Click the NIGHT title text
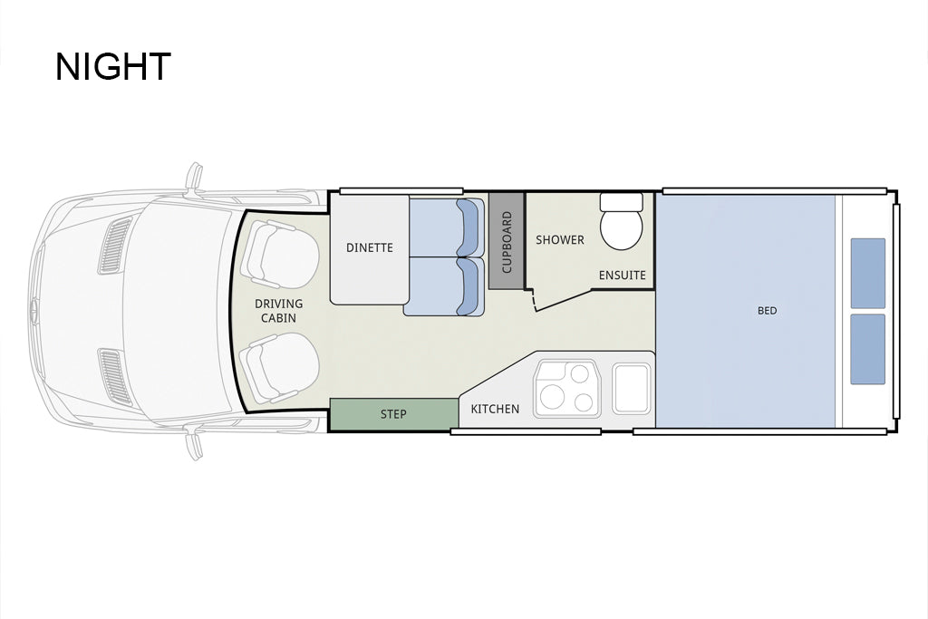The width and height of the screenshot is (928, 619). point(113,66)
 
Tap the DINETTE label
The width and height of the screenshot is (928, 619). point(370,248)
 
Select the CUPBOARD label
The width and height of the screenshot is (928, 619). point(507,243)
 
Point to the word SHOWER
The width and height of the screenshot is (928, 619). point(560,239)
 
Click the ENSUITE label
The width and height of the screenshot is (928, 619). point(622,276)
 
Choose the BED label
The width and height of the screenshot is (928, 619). point(767,311)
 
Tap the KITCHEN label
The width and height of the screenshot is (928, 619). point(495,409)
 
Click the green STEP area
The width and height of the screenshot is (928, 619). point(393,413)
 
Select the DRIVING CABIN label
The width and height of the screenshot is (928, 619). point(279,311)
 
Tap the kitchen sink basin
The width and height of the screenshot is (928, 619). point(632,388)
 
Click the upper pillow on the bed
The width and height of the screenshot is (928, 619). point(868,273)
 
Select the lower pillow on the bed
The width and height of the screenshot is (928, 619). point(868,349)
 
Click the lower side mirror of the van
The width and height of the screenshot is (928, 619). point(194,443)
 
